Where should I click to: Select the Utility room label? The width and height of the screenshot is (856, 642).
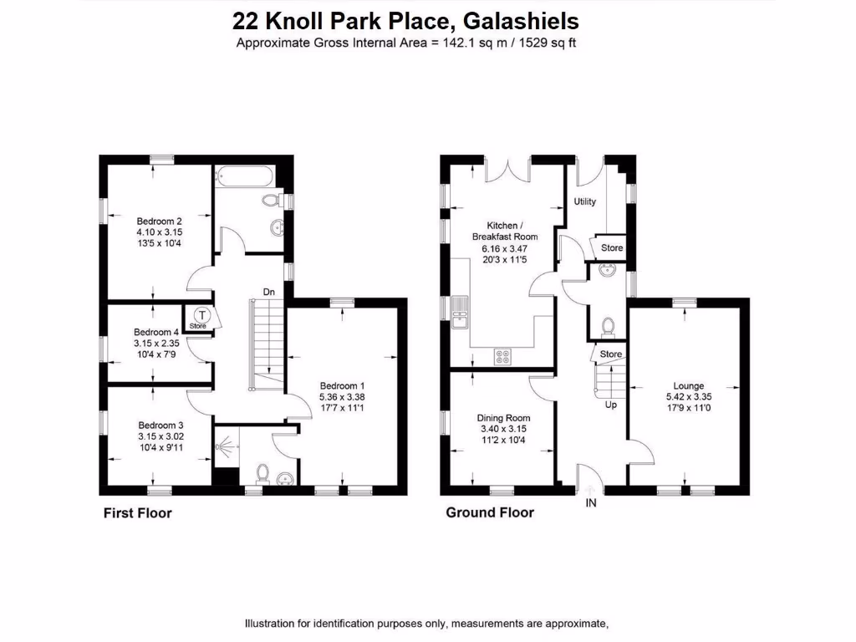pos(584,201)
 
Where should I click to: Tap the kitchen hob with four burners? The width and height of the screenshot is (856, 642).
pos(504,356)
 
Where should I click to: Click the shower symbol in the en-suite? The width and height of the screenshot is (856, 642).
pos(225,449)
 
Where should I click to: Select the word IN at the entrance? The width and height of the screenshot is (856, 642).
pos(591,503)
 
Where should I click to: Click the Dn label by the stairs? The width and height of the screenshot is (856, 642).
pos(269,292)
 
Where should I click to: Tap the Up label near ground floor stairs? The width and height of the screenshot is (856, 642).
pos(611,405)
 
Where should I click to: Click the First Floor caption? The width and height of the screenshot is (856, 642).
pos(137,512)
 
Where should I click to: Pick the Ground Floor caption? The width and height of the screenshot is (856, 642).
pos(489,512)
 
